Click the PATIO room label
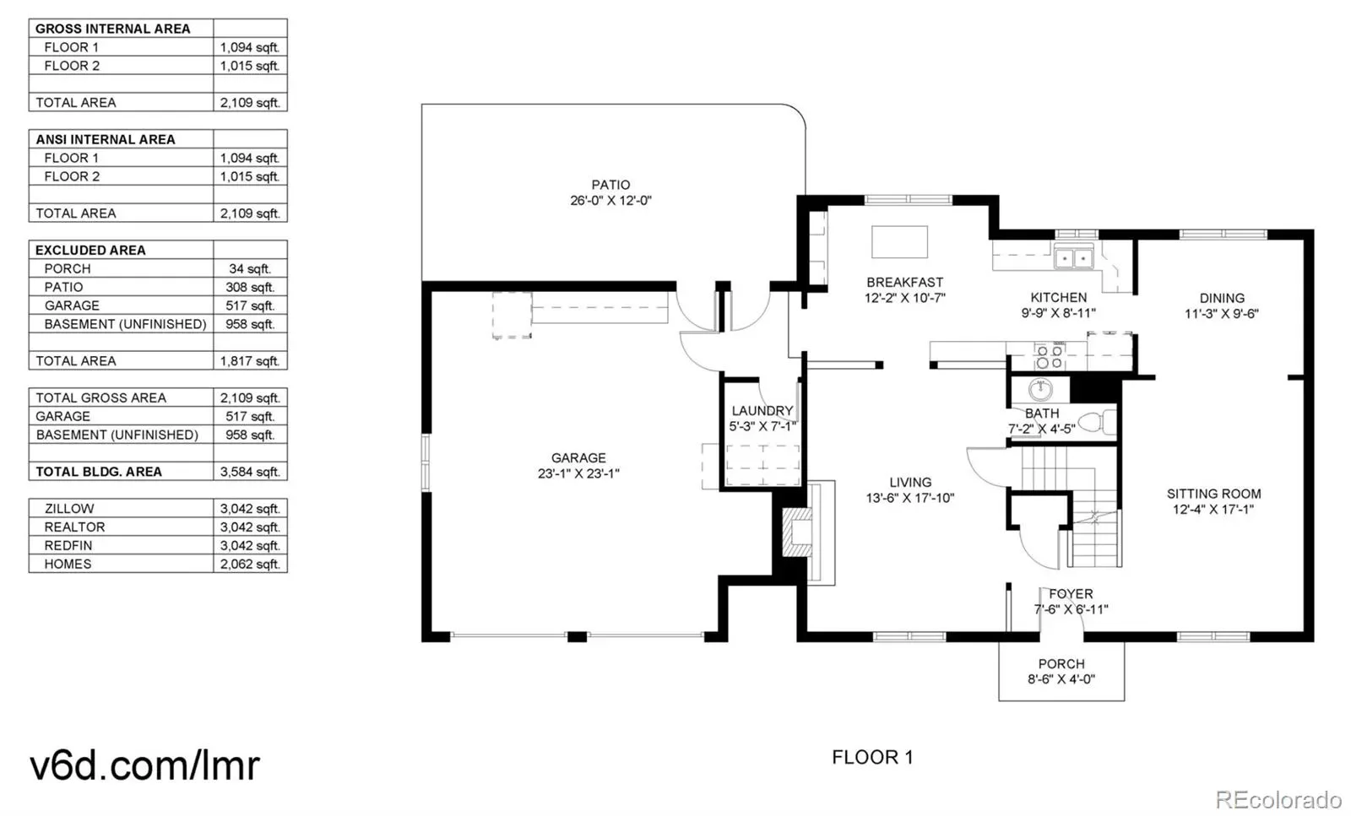610,185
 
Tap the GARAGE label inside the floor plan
578,458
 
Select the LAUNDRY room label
762,411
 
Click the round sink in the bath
1040,390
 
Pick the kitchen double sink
1073,257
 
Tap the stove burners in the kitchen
1049,357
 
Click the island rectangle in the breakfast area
899,242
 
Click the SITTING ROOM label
1213,494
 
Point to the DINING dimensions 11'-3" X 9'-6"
1221,314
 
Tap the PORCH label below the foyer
1061,664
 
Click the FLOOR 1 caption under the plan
872,757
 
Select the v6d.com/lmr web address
144,765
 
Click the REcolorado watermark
1278,798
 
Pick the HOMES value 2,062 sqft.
250,564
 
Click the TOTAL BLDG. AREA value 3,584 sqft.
250,472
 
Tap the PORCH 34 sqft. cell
250,268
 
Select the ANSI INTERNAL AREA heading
106,139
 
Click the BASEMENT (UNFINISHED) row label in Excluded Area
125,324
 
